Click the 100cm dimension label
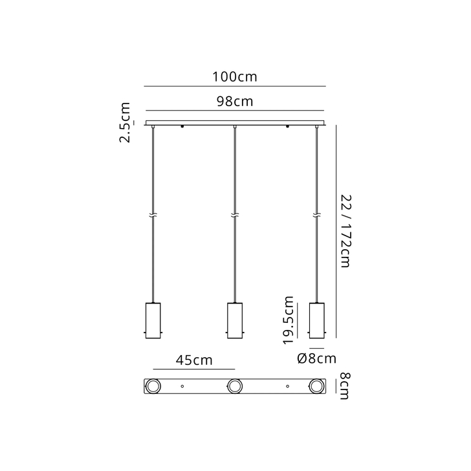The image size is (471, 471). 235,77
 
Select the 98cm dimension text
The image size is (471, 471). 234,102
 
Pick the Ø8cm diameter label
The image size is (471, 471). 316,358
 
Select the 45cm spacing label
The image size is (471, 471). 192,360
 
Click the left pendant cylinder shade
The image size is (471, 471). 153,320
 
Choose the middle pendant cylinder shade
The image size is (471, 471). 235,320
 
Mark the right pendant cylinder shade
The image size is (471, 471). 316,320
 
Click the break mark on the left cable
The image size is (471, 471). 153,215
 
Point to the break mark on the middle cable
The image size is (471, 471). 235,215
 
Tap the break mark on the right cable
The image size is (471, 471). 316,215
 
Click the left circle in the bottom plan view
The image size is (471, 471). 153,387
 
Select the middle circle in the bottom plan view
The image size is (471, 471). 235,387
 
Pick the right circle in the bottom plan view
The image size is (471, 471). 316,387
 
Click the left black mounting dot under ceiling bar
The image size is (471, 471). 183,127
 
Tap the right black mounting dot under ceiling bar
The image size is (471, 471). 287,127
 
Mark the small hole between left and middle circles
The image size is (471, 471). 183,387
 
